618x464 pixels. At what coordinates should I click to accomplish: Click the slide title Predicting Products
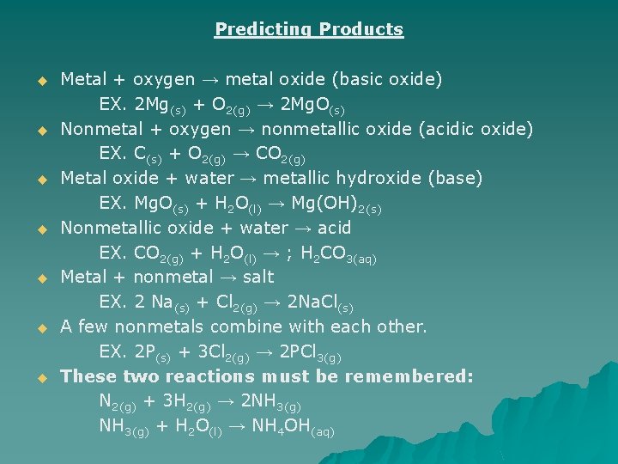click(x=309, y=29)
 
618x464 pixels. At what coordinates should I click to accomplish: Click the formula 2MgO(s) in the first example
click(x=313, y=106)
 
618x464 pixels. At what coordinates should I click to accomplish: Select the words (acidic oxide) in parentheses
click(x=481, y=129)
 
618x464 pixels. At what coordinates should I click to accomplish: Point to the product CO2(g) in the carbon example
click(x=282, y=156)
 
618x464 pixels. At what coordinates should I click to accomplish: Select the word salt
click(x=258, y=277)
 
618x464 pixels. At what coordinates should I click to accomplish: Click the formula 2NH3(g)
click(x=272, y=403)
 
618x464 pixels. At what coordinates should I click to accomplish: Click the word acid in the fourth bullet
click(x=334, y=228)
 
